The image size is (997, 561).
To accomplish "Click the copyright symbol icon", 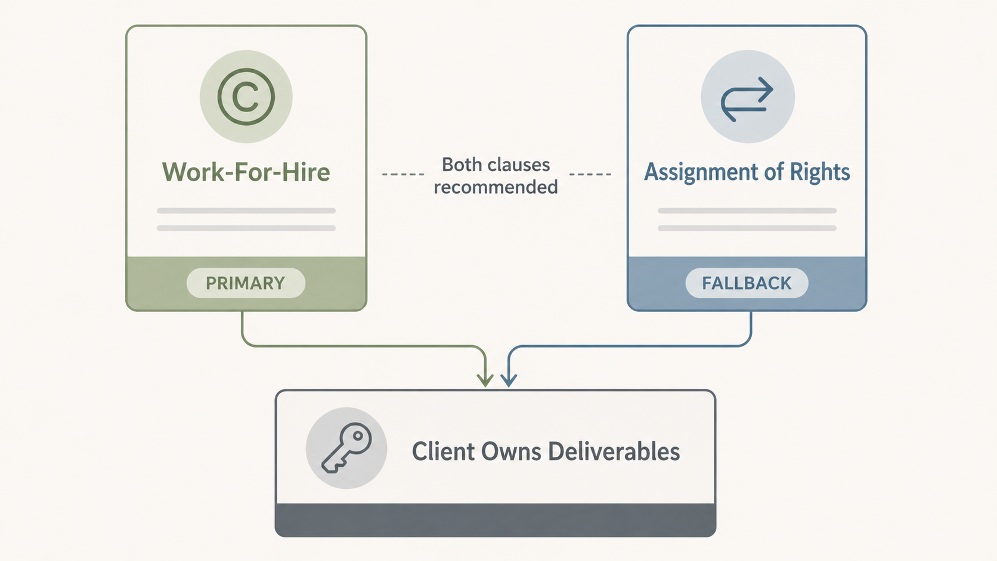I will tap(246, 97).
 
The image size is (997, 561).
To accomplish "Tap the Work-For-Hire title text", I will tap(246, 172).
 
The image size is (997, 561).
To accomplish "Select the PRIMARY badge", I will tap(246, 283).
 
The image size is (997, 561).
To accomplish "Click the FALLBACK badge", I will tap(747, 283).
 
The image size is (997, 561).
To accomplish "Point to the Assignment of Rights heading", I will tap(747, 172).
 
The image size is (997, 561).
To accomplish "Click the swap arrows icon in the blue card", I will tap(747, 98).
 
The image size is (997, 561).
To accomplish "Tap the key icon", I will tap(346, 448).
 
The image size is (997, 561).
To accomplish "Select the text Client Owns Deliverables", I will tap(546, 452).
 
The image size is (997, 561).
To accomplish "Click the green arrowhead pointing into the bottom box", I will tap(485, 379).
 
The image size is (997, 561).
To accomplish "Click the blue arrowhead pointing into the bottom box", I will tap(509, 379).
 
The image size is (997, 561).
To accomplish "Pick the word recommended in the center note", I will tap(496, 187).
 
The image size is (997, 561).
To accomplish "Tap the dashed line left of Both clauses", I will tap(403, 175).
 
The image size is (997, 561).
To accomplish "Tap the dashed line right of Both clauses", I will tap(590, 175).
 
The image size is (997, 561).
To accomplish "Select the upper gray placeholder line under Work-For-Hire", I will tap(246, 210).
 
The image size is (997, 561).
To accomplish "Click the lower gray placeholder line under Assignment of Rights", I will tap(747, 228).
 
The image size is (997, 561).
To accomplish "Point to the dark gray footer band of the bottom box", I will tap(495, 520).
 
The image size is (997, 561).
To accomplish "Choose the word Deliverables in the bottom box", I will tap(614, 452).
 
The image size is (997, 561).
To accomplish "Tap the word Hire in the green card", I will tap(306, 172).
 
